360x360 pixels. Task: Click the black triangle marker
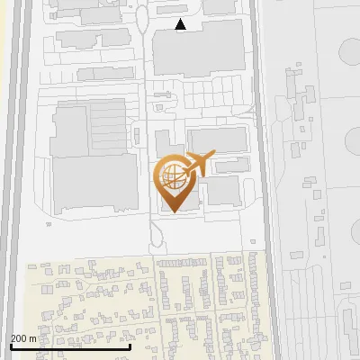(181, 24)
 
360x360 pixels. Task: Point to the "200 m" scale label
(24, 338)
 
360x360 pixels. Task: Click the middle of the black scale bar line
(70, 346)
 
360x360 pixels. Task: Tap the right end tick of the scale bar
(130, 346)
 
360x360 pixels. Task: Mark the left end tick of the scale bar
(10, 346)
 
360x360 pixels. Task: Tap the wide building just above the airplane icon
(217, 139)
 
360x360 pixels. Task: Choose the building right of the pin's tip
(221, 190)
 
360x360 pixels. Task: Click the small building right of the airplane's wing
(232, 166)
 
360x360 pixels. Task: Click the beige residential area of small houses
(135, 306)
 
